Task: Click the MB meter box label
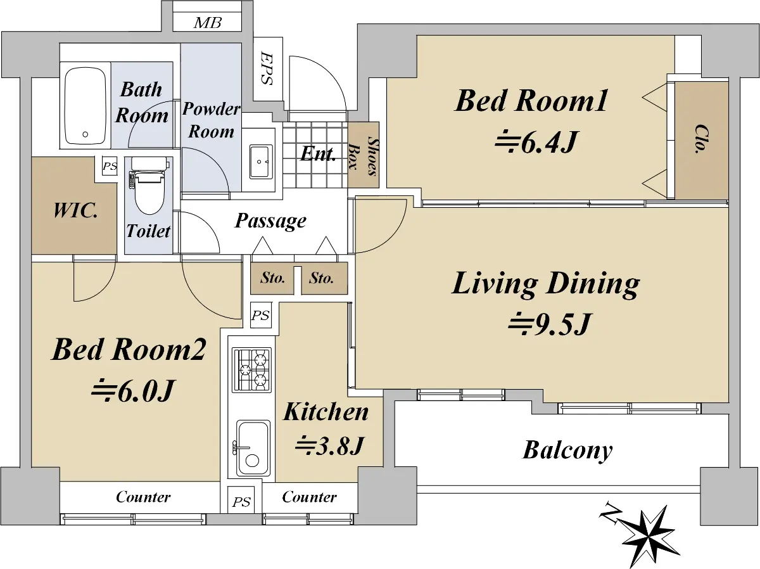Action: coord(208,23)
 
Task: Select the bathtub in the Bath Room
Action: coord(85,106)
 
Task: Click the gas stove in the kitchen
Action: coord(251,371)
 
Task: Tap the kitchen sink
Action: coord(253,448)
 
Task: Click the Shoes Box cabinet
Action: coord(364,155)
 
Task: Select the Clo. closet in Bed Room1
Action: coord(702,141)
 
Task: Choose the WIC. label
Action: coord(75,210)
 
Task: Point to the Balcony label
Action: coord(567,451)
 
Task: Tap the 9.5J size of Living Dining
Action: coord(549,324)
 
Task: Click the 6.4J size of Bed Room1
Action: coord(536,142)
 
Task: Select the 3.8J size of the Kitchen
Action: coord(329,445)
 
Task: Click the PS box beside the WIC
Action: coord(110,166)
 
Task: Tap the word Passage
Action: coord(270,221)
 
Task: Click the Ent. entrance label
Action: coord(318,154)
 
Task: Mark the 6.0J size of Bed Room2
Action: coord(132,392)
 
